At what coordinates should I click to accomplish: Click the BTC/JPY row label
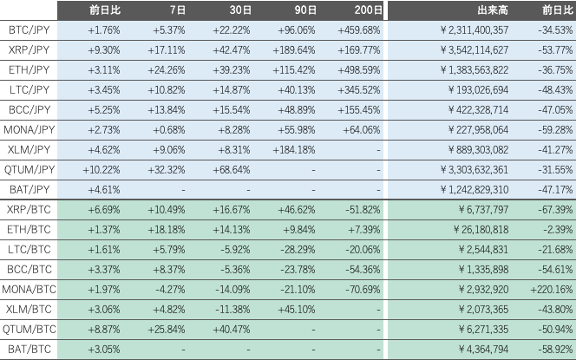tap(29, 30)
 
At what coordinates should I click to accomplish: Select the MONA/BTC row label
tap(29, 291)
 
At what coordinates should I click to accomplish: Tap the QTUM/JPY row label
tap(29, 170)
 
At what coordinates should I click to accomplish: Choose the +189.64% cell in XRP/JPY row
tap(291, 50)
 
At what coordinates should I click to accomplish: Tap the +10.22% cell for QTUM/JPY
tap(102, 170)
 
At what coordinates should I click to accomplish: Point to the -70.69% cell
tap(361, 291)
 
